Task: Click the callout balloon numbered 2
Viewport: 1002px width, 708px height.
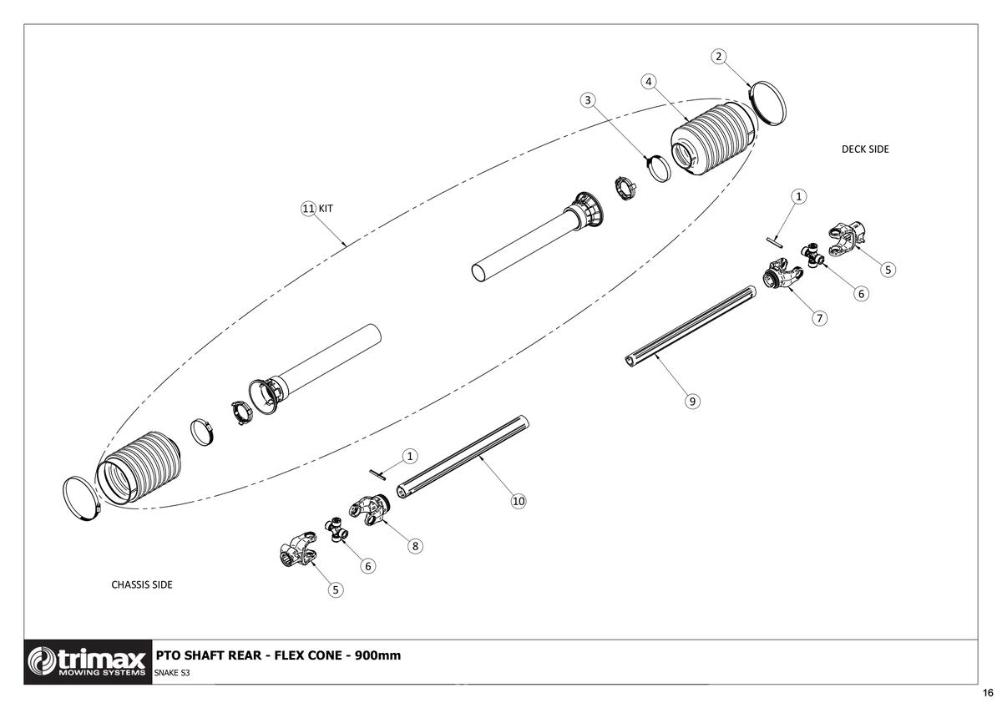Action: (718, 56)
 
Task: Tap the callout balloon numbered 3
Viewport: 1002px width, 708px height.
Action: (589, 99)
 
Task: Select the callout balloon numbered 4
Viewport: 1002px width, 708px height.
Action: (648, 81)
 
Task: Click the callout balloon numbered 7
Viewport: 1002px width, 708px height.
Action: (820, 318)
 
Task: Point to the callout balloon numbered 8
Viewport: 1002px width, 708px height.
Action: (414, 546)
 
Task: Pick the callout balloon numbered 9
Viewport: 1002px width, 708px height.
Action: (692, 402)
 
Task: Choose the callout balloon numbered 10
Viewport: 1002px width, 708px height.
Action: (518, 501)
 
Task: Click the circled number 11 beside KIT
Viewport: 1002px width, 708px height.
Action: (307, 208)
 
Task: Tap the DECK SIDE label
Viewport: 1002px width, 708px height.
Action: (865, 149)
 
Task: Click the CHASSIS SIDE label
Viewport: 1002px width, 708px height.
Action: (142, 584)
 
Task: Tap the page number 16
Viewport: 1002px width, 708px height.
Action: (988, 694)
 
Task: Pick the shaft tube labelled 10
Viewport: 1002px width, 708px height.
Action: (463, 455)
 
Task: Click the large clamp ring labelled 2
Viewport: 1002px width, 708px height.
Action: (769, 104)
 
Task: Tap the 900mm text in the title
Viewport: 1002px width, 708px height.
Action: (377, 655)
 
